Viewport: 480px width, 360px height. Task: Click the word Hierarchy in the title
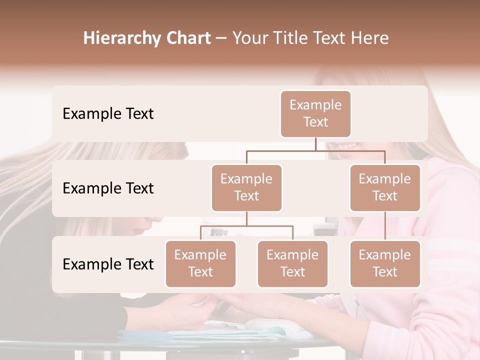coord(122,38)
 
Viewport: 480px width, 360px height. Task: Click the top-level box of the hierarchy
coord(315,113)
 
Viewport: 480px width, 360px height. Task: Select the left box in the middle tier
coord(246,187)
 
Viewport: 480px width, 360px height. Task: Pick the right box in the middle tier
coord(385,187)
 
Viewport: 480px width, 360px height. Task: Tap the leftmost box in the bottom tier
coord(200,263)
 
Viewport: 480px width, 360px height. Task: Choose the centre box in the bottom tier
coord(292,263)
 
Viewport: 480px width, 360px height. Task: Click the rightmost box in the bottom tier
coord(385,263)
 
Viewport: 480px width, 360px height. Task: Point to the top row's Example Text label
coord(108,113)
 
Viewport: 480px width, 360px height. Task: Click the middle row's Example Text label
coord(108,188)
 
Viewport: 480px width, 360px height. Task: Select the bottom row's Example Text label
coord(108,264)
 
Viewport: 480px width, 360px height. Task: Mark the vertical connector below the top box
coord(315,144)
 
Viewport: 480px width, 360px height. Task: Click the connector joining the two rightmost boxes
coord(385,226)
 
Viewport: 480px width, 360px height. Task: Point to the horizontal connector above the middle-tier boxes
coord(315,150)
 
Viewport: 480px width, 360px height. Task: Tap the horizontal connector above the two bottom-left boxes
coord(246,226)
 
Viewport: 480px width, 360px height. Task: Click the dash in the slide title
coord(221,38)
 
